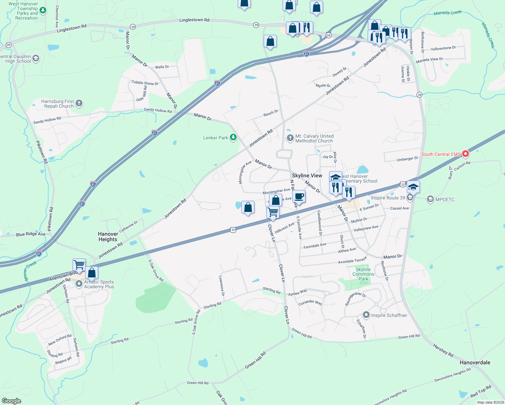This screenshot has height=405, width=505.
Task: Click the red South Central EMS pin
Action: (x=465, y=154)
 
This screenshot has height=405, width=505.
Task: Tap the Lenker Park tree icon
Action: (x=233, y=137)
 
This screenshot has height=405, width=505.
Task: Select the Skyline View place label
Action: (x=307, y=175)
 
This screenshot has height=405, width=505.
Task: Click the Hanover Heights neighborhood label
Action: (x=108, y=237)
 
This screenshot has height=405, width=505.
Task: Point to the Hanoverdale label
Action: (x=475, y=362)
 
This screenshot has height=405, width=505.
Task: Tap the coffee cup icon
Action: (x=299, y=196)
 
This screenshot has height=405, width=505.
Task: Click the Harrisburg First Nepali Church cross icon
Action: (x=79, y=103)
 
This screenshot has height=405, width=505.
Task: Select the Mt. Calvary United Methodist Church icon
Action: (x=290, y=138)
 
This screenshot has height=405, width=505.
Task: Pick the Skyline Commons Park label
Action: (x=363, y=274)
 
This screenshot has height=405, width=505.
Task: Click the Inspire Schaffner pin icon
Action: (x=366, y=315)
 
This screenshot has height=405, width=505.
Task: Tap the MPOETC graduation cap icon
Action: (x=430, y=199)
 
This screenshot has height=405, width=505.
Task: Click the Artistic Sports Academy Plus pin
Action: (x=79, y=284)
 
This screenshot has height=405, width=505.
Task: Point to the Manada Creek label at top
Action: (x=448, y=13)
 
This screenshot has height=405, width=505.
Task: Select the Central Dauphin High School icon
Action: (x=36, y=58)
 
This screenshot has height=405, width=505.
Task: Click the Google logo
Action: (x=11, y=401)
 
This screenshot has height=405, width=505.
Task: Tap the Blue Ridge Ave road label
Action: (x=31, y=234)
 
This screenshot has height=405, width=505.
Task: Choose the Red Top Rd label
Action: (x=481, y=391)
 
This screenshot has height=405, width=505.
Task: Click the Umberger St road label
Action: (x=407, y=159)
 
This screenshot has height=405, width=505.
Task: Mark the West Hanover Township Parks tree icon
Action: (x=43, y=10)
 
